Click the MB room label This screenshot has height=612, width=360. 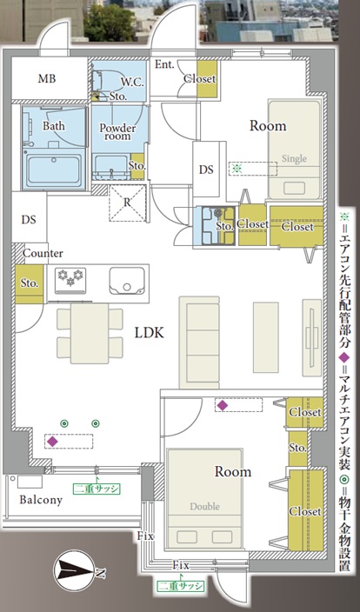click(47, 78)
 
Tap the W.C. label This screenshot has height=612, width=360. click(132, 83)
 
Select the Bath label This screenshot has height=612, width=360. click(54, 126)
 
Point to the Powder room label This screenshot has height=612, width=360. click(117, 131)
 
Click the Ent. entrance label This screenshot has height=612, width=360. click(164, 64)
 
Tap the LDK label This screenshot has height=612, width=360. click(150, 333)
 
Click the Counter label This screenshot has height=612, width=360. click(43, 253)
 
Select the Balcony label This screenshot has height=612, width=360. click(41, 500)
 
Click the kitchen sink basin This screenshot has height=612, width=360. click(127, 281)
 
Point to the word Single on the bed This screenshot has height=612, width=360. click(295, 159)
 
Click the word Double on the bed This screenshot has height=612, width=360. click(204, 507)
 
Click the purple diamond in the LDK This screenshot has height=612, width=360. click(52, 442)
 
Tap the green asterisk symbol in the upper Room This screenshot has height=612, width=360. click(236, 169)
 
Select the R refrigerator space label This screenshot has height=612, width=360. click(127, 203)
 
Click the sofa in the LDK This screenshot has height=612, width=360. click(199, 343)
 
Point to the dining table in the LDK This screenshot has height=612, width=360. click(90, 333)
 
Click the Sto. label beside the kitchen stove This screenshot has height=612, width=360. click(30, 283)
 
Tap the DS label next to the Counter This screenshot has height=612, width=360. click(29, 220)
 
